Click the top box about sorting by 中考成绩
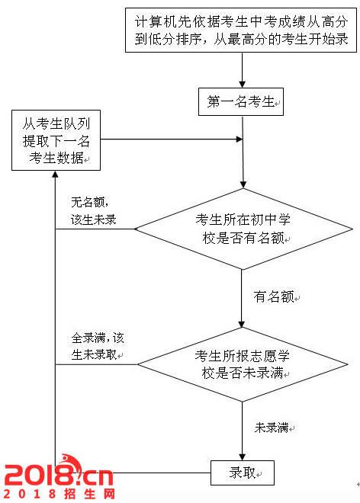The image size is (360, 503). [x=241, y=30]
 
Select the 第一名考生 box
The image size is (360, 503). [x=241, y=101]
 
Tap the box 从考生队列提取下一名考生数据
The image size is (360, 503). [x=56, y=140]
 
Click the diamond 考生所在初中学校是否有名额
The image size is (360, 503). [x=243, y=229]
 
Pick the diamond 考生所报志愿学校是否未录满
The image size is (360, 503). [x=243, y=364]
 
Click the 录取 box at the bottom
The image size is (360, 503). [x=243, y=473]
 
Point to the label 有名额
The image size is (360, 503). [x=274, y=296]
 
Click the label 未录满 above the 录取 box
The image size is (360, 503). [x=272, y=428]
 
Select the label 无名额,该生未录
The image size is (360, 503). [x=93, y=211]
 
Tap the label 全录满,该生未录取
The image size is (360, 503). [x=98, y=347]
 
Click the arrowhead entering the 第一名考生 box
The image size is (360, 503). [x=242, y=85]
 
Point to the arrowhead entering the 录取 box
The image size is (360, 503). [x=242, y=457]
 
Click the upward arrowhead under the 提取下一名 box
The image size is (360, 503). [x=55, y=175]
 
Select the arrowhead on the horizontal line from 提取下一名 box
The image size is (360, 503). [x=239, y=139]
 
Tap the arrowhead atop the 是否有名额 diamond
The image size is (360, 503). [x=243, y=184]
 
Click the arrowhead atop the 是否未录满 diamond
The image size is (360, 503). [x=242, y=324]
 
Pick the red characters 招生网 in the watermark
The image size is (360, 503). [x=89, y=494]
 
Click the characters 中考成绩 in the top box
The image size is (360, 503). [x=278, y=22]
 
